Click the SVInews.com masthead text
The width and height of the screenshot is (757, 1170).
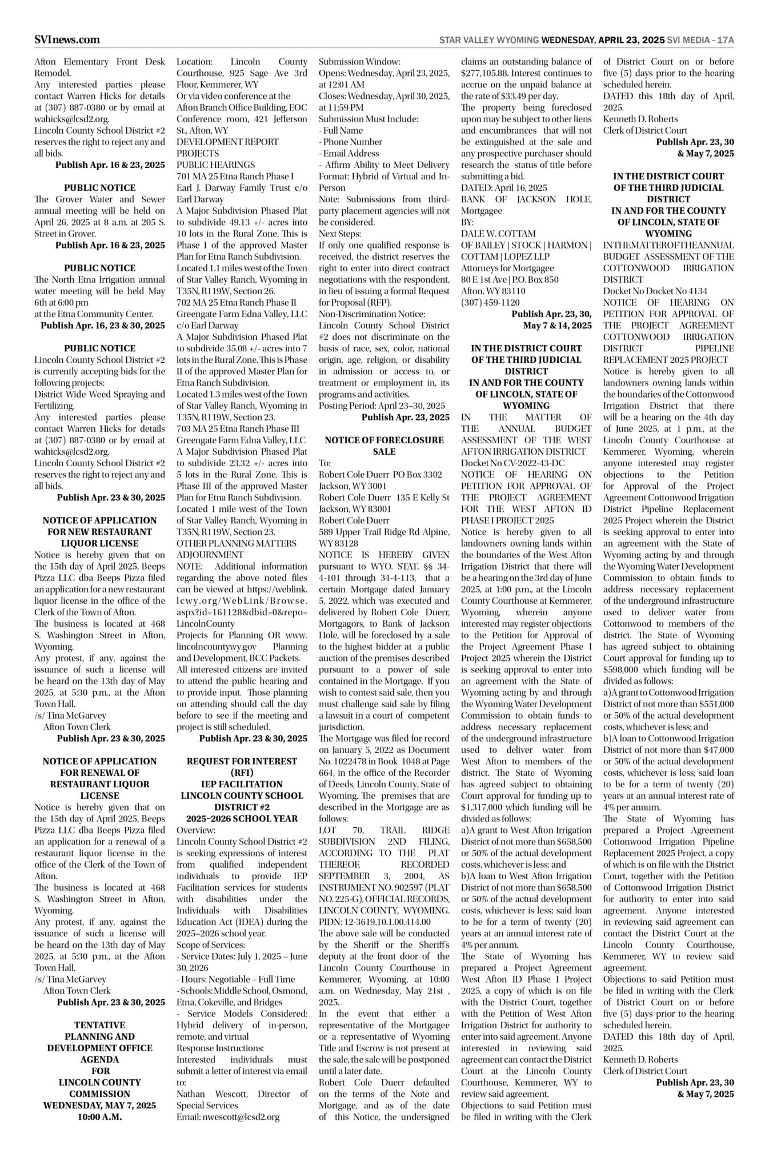(67, 39)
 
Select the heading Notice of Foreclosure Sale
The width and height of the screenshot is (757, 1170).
(384, 446)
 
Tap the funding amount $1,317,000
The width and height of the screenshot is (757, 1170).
(485, 807)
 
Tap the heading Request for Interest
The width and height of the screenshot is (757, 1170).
(242, 761)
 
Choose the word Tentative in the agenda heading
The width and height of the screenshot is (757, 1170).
(99, 1025)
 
